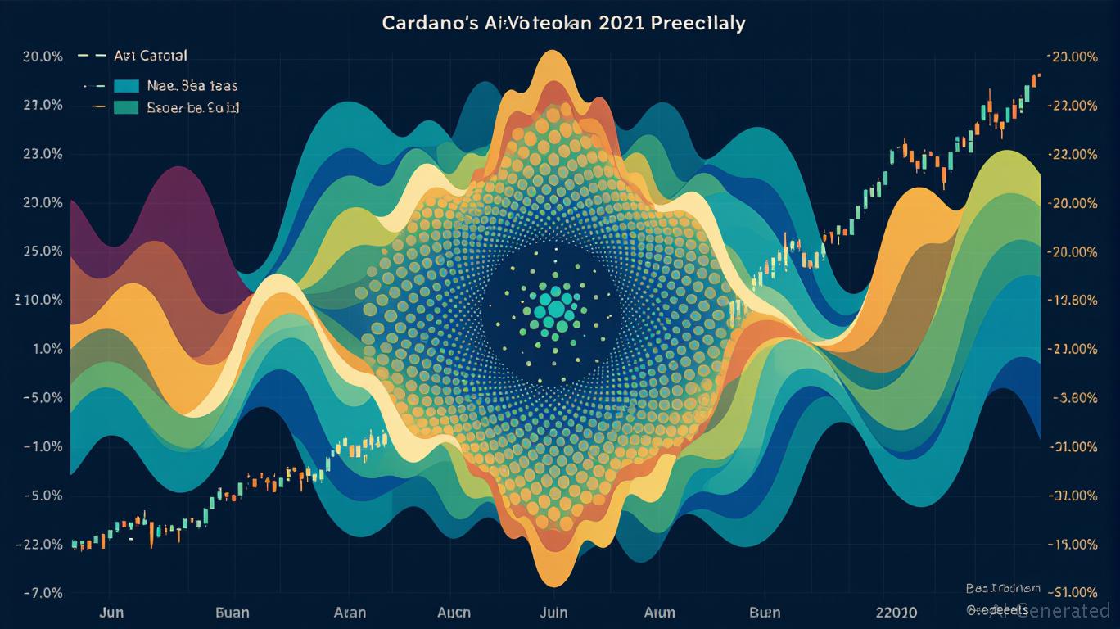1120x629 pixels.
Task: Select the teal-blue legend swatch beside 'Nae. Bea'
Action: [x=128, y=85]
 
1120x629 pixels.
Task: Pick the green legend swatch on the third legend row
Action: [x=128, y=107]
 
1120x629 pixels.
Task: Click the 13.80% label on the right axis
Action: [x=1073, y=300]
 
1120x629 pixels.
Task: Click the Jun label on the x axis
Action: [x=111, y=613]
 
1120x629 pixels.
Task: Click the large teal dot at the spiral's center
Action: [x=555, y=309]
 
